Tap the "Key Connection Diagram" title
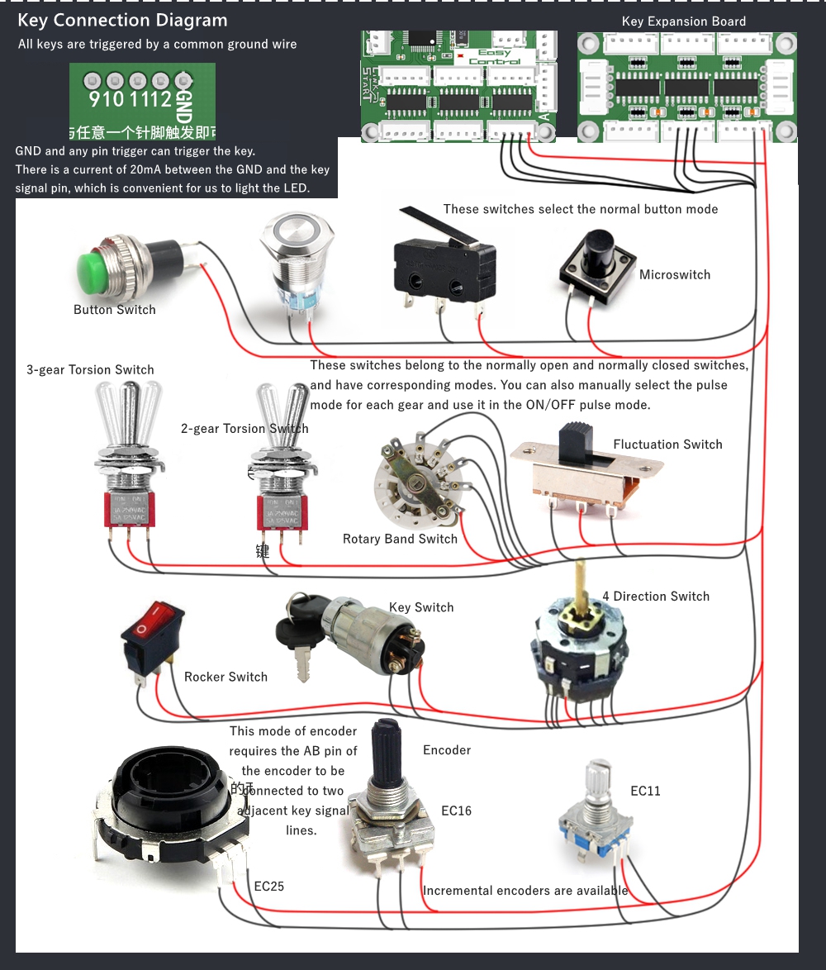point(122,21)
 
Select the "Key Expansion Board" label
point(683,22)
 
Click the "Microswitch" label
point(674,275)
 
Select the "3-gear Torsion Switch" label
point(90,370)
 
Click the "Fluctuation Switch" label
point(667,445)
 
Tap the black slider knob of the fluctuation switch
point(577,443)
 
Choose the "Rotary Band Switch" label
point(400,540)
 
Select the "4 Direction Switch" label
point(656,597)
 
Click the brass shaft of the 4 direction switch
point(582,582)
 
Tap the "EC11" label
point(645,792)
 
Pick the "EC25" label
point(269,887)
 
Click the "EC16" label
point(456,811)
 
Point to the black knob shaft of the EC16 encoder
point(385,756)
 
